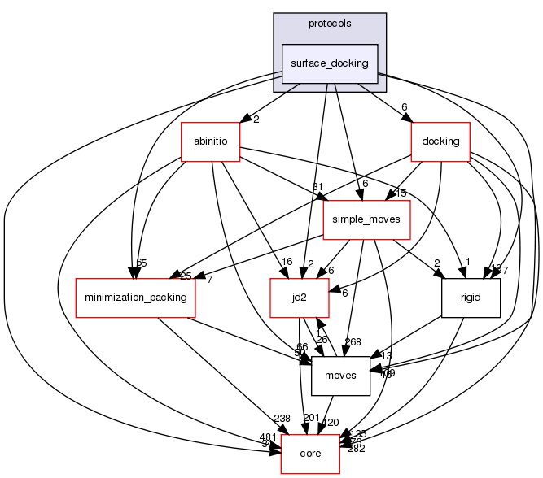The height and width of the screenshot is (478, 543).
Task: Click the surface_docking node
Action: (330, 63)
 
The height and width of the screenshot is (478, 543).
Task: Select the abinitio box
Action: (210, 141)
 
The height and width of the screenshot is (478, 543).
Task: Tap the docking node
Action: (440, 141)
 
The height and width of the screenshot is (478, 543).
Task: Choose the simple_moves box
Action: (367, 219)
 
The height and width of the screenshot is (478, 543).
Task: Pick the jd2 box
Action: (300, 298)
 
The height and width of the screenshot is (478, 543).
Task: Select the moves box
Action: (341, 376)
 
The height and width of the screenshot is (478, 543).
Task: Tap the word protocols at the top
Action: (330, 23)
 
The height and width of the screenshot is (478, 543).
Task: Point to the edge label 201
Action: (312, 418)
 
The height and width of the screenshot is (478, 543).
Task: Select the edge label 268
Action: (353, 341)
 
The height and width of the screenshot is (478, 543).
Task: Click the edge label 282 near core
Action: (357, 449)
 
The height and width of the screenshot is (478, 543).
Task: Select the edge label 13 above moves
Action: (386, 355)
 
